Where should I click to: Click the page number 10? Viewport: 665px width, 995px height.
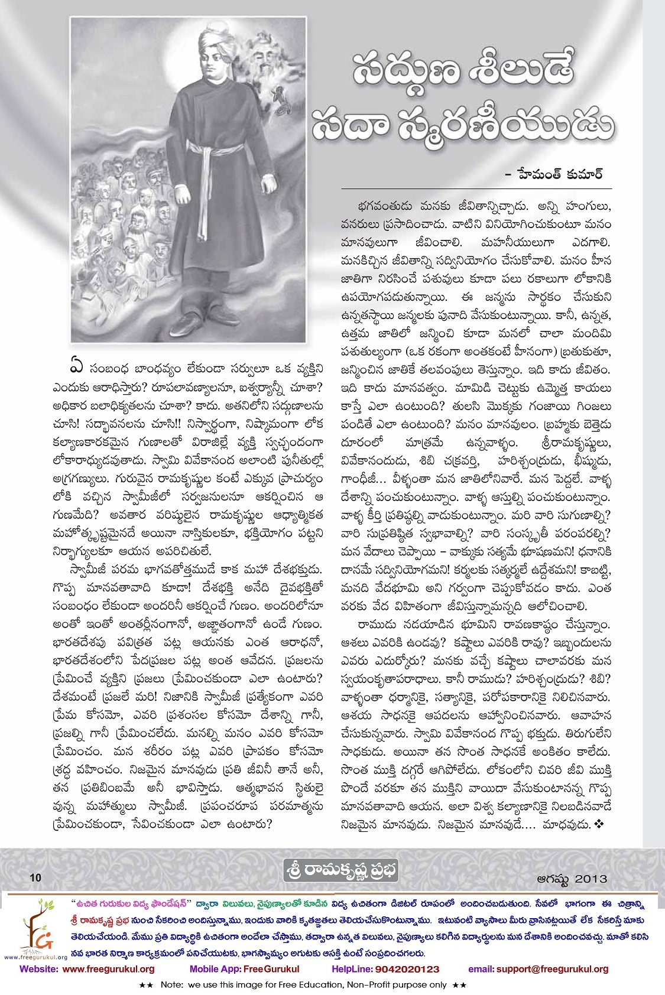(35, 877)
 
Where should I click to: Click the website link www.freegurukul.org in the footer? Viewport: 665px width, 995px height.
(108, 969)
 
